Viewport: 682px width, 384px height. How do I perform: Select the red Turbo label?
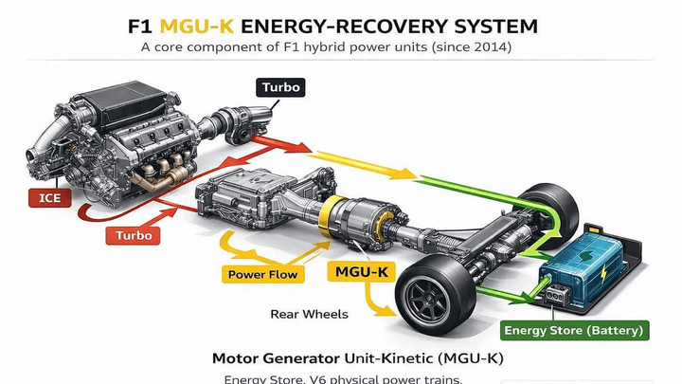(134, 234)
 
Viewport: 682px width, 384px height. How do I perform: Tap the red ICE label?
(50, 199)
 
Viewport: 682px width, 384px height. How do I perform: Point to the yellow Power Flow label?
(262, 275)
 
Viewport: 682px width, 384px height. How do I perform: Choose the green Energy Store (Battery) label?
(575, 331)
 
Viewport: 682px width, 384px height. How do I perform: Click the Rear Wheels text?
(309, 314)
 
